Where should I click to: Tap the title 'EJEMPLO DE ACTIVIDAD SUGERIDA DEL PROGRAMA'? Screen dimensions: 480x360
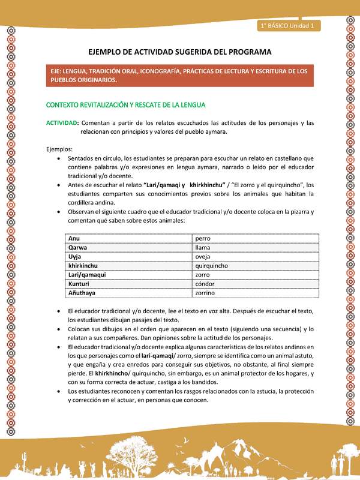click(x=179, y=52)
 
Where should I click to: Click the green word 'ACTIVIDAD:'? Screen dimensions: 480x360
click(x=62, y=123)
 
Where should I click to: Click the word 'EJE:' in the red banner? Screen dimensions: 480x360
click(x=58, y=71)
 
